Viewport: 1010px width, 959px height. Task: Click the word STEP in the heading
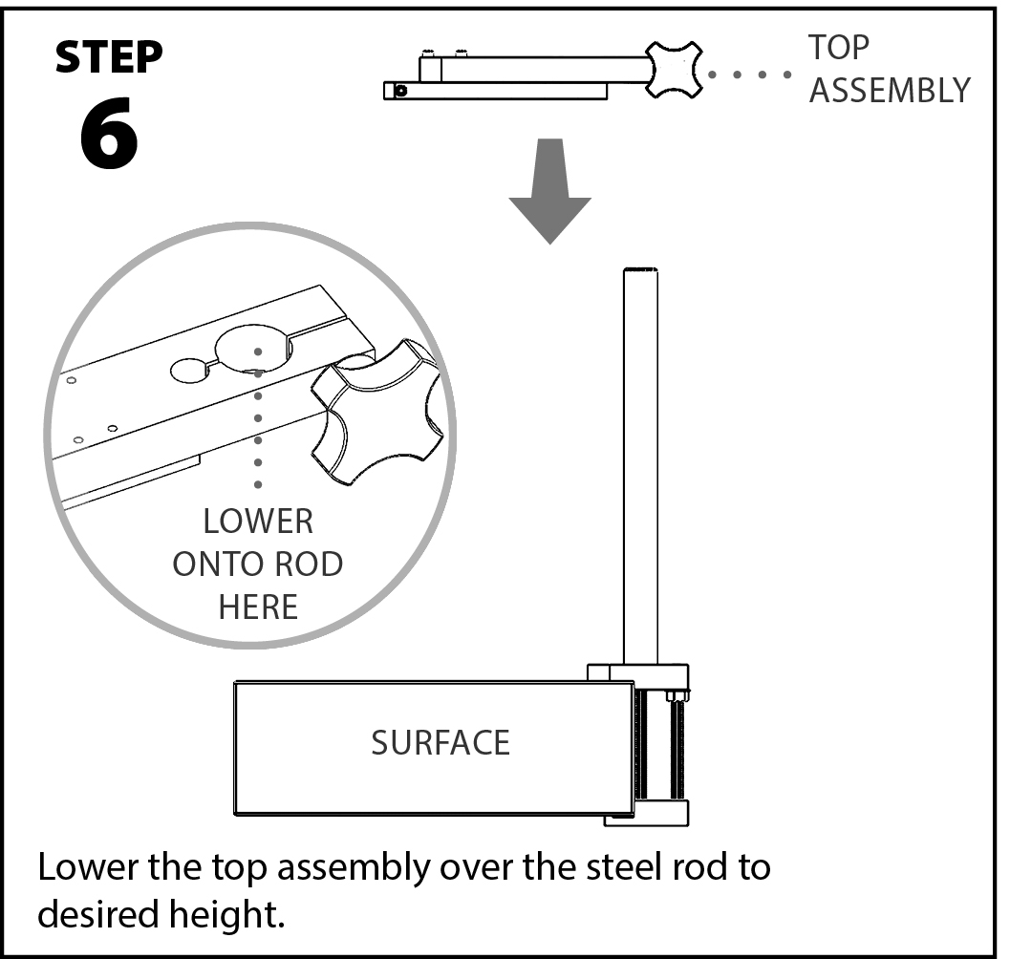(x=108, y=58)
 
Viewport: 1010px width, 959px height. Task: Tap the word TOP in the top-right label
(x=839, y=47)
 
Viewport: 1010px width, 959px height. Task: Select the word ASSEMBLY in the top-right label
(x=890, y=90)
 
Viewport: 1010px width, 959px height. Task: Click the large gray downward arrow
(x=549, y=190)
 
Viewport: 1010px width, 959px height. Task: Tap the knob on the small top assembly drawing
(x=675, y=70)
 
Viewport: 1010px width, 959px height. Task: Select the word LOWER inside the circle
(x=258, y=522)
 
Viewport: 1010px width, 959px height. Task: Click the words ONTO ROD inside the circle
(x=258, y=564)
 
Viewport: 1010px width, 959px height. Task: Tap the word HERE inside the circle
(x=258, y=606)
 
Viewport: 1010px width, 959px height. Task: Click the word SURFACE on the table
(x=441, y=742)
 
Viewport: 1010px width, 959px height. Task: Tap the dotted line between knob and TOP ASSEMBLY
(x=749, y=74)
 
